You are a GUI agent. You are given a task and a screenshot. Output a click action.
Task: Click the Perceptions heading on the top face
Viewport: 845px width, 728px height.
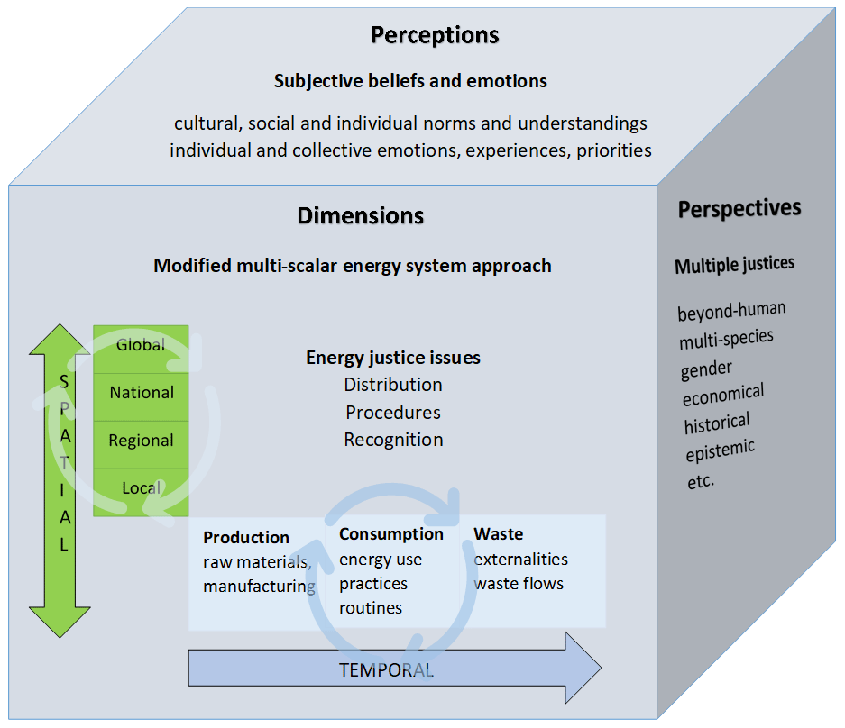(435, 35)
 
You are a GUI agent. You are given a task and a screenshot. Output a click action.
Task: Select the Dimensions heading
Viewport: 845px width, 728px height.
(361, 216)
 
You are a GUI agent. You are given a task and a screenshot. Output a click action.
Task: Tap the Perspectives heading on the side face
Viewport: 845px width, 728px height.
(739, 209)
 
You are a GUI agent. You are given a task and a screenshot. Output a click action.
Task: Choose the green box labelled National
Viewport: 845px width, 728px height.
(142, 393)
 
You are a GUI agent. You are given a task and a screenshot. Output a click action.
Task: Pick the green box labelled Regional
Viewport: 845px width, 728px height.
(142, 441)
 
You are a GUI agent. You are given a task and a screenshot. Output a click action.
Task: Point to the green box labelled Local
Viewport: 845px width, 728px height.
(142, 488)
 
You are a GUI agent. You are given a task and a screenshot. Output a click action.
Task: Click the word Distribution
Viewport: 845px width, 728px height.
(393, 385)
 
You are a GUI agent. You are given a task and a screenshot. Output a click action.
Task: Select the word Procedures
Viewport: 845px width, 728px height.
(393, 413)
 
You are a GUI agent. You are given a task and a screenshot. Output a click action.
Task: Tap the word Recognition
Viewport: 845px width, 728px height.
(393, 440)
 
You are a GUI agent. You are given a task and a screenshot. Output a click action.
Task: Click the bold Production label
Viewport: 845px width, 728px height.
(246, 538)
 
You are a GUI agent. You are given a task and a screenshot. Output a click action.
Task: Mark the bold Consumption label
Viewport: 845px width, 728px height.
(391, 534)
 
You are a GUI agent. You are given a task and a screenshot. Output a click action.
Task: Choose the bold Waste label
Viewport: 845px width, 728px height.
(499, 534)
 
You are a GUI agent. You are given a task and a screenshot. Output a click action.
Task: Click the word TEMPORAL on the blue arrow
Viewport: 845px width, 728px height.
(386, 669)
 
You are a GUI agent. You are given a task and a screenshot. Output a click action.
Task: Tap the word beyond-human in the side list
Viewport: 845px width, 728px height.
(731, 311)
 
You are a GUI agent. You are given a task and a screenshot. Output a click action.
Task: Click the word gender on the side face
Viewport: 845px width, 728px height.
(707, 368)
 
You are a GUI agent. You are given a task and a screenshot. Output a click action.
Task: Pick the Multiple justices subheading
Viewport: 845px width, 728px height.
(734, 265)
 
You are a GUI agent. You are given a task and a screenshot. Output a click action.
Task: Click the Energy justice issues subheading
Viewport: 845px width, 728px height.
(393, 358)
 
